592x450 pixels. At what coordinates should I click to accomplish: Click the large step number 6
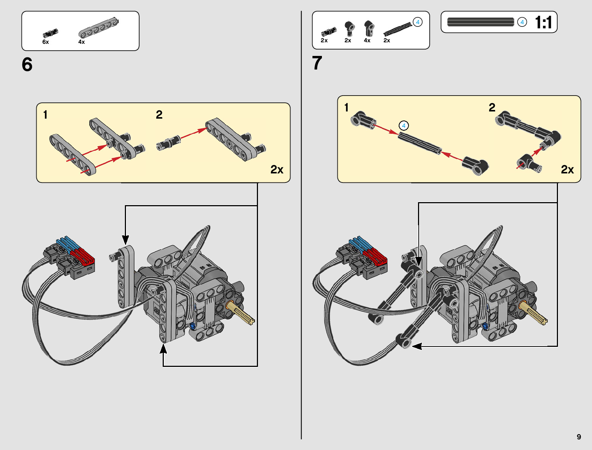click(27, 65)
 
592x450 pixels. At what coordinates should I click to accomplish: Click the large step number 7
click(317, 63)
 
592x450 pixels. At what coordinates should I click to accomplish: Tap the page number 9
click(579, 437)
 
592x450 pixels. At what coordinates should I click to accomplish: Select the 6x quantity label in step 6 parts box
click(45, 42)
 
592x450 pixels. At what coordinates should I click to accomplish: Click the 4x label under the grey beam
click(81, 42)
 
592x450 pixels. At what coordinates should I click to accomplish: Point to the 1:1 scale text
click(544, 23)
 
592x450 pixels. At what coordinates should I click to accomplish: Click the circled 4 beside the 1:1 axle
click(522, 22)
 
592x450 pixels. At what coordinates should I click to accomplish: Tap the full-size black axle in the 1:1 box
click(480, 22)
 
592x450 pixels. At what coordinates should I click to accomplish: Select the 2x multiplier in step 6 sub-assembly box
click(277, 170)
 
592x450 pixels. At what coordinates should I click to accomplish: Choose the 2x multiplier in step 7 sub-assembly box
click(567, 170)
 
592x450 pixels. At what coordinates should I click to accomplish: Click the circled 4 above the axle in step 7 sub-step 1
click(404, 126)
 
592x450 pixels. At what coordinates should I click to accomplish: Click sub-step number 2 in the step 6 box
click(159, 114)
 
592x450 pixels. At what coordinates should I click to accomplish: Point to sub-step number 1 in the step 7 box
click(346, 108)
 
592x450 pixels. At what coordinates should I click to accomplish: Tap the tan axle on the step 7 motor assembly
click(534, 312)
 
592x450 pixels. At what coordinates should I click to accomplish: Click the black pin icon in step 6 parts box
click(50, 33)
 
